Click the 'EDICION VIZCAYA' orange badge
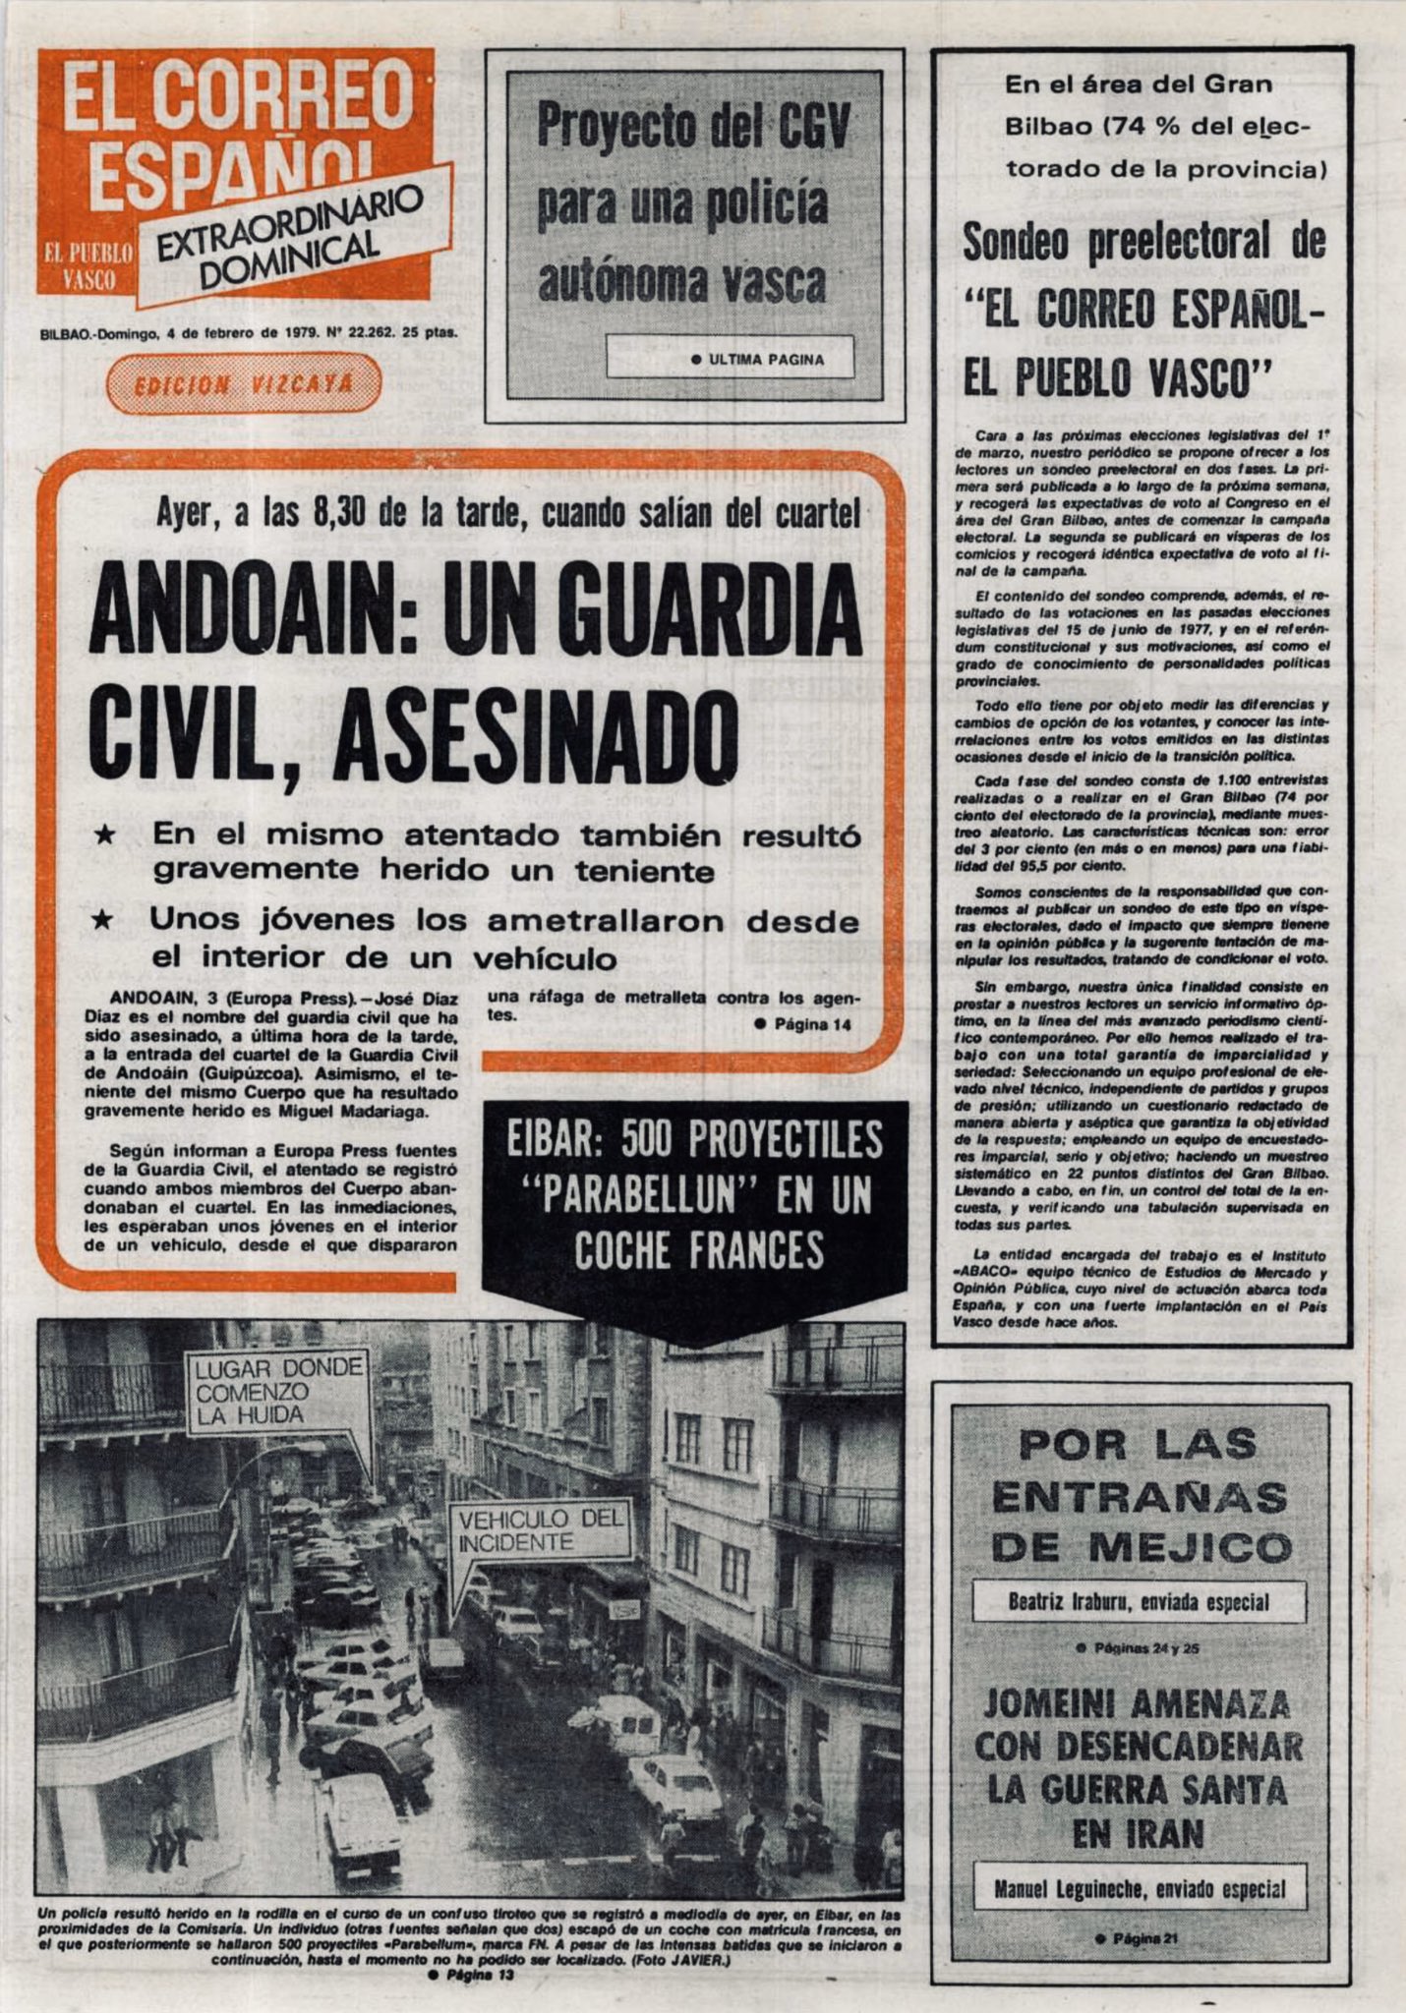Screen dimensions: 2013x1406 [x=243, y=383]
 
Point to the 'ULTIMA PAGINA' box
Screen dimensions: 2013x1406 [x=730, y=359]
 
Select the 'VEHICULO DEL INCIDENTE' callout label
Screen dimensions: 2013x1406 [x=540, y=1529]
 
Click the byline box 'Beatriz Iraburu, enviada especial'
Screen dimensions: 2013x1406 [x=1139, y=1601]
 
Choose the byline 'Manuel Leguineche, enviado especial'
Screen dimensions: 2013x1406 [x=1139, y=1888]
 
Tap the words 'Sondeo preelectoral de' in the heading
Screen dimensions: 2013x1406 [x=1142, y=243]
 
